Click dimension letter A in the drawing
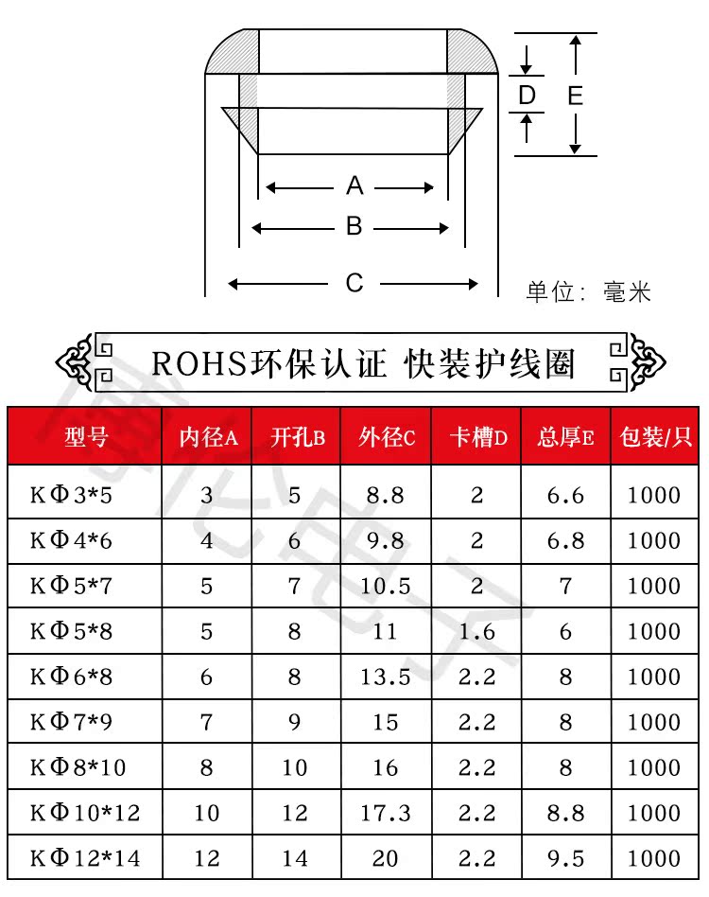pos(354,185)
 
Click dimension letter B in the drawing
pos(354,227)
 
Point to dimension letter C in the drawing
pos(354,283)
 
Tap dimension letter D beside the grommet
pos(527,95)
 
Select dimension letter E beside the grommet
pos(575,95)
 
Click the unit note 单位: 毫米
pos(588,291)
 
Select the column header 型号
pos(85,436)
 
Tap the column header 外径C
pos(387,436)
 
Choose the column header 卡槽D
pos(476,436)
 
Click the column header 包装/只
pos(655,436)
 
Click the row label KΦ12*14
pos(85,858)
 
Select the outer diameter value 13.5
pos(386,677)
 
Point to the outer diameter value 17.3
pos(386,813)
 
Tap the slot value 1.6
pos(476,631)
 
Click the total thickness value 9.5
pos(565,858)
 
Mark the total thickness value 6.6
pos(565,495)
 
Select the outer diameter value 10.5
pos(386,586)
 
